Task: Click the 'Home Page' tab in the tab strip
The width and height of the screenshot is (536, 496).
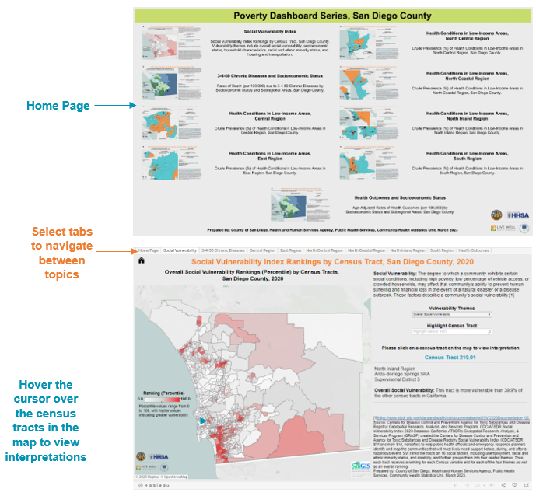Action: tap(148, 251)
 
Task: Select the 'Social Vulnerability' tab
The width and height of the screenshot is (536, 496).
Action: tap(180, 251)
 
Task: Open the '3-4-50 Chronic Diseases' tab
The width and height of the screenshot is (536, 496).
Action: tap(222, 251)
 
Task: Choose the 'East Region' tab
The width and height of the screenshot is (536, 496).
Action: tap(291, 251)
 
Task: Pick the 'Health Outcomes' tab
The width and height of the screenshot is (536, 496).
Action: tap(474, 251)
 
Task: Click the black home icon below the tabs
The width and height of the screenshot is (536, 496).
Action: tap(142, 261)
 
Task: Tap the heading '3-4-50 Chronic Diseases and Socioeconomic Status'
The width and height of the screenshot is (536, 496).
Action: tap(261, 73)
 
